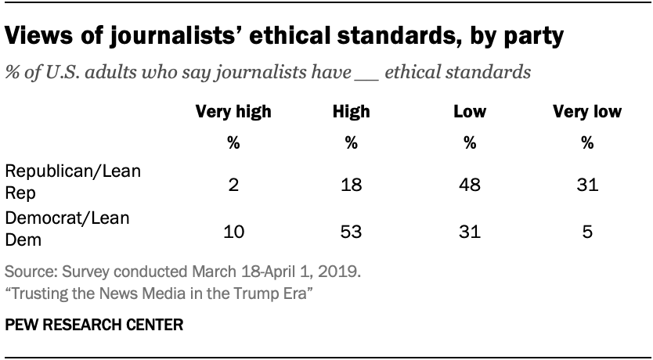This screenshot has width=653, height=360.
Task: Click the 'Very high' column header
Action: [233, 112]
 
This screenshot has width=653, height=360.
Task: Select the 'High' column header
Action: [351, 112]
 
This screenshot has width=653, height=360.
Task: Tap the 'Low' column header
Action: [469, 112]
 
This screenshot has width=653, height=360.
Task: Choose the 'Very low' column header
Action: [586, 112]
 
